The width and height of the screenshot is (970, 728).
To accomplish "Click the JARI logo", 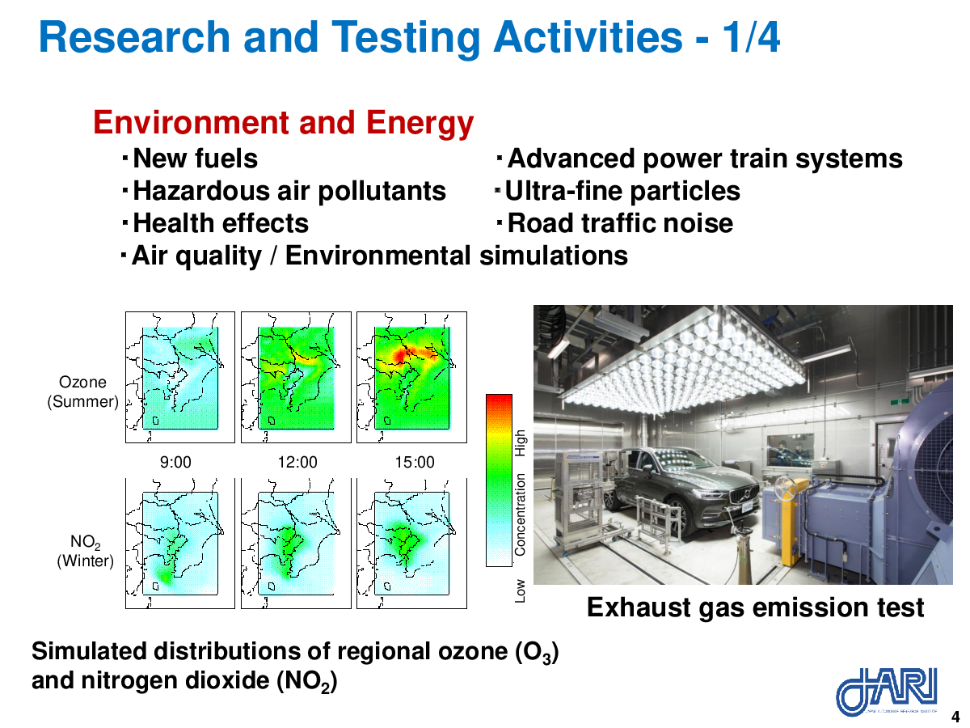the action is click(886, 692).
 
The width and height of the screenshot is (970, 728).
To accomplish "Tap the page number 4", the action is click(955, 716).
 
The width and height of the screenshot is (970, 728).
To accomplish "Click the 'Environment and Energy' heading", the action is click(283, 123).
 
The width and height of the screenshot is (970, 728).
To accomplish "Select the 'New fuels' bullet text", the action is click(195, 159).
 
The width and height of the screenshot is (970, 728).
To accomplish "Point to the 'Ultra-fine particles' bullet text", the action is click(622, 192).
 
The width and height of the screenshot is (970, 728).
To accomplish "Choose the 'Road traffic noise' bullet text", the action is click(620, 223).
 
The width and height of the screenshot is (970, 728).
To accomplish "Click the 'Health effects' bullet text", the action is click(221, 223).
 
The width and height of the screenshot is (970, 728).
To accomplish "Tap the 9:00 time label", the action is click(175, 463).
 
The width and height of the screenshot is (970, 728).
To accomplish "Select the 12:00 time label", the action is click(297, 463).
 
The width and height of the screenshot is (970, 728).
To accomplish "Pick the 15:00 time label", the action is click(415, 463).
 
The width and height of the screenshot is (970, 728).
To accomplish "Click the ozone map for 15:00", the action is click(412, 377).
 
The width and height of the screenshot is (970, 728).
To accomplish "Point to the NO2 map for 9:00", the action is click(180, 544).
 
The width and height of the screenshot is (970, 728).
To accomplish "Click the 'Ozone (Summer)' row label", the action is click(82, 392).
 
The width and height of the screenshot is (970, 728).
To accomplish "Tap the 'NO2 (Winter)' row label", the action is click(86, 551).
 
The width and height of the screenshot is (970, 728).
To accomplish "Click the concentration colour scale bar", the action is click(499, 480).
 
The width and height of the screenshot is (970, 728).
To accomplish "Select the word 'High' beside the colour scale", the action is click(520, 443).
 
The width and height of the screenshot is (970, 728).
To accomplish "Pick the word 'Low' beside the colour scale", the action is click(520, 591).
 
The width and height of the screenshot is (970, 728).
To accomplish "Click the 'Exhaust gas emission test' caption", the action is click(755, 607).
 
